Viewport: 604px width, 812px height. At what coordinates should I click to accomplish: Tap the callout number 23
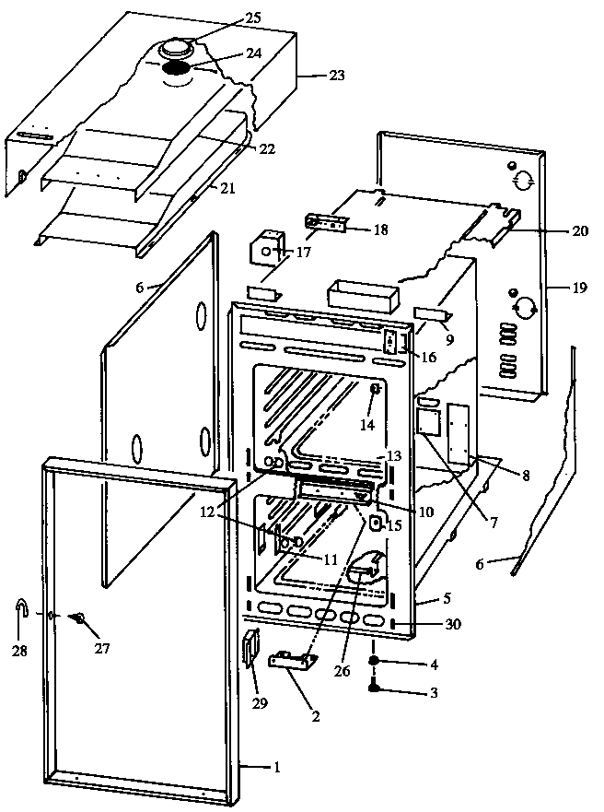point(336,76)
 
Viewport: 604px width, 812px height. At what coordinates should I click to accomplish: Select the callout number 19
point(577,288)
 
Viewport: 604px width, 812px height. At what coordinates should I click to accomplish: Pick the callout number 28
point(19,651)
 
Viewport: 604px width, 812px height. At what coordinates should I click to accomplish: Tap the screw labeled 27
point(80,618)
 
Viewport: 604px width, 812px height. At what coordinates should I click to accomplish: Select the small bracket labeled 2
point(293,660)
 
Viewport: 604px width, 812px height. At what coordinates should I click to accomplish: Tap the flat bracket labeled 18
point(328,224)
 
